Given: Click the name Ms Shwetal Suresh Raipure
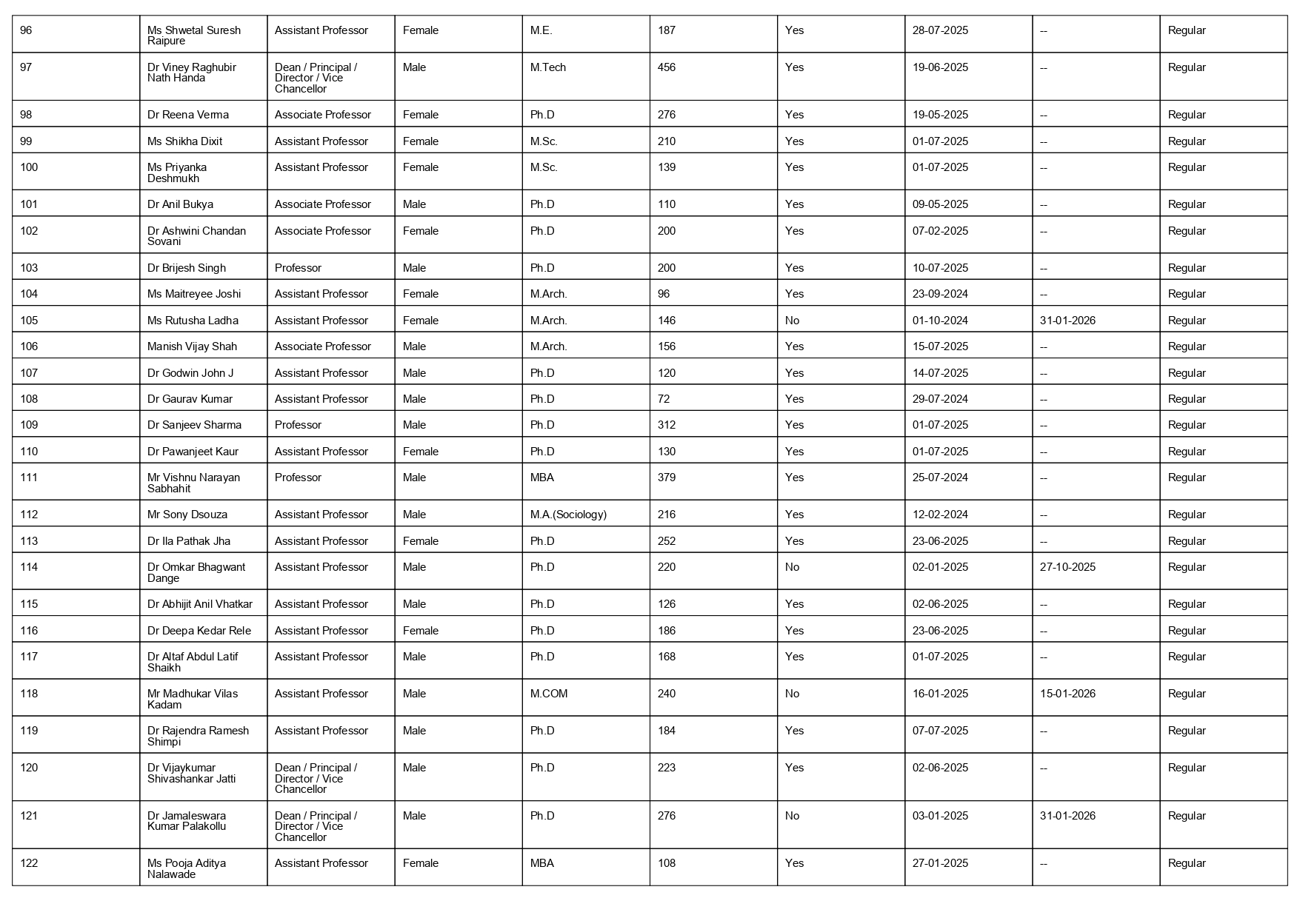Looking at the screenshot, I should point(194,36).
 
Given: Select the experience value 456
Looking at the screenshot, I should point(667,67).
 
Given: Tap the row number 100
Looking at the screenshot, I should point(29,167).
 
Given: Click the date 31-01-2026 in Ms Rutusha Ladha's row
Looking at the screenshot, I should point(1067,321).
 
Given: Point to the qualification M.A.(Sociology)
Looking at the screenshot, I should point(568,515).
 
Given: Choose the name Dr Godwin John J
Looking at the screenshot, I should point(190,373).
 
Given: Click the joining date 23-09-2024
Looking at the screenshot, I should point(940,294).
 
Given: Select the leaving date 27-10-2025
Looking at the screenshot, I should point(1067,567).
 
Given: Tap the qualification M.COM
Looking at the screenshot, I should point(549,694).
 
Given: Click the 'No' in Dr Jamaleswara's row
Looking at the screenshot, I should point(792,816).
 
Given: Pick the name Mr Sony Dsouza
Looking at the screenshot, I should point(187,515).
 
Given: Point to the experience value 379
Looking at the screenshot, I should point(667,478).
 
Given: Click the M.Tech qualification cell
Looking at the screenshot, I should point(548,67).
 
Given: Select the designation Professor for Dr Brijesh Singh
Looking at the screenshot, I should point(298,268).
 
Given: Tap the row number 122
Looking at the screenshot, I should point(29,863).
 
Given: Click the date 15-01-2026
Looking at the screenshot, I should point(1067,694).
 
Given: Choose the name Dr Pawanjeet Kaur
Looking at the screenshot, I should point(193,452).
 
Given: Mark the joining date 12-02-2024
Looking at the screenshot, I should point(940,515).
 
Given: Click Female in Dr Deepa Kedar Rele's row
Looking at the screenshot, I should point(421,631).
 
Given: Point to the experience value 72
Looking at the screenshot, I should point(664,399).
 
